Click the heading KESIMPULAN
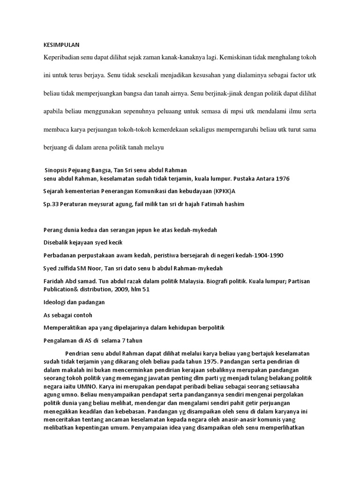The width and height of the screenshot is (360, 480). point(59,45)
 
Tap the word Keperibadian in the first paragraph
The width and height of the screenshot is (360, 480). point(61,57)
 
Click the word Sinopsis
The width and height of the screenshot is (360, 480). point(57,170)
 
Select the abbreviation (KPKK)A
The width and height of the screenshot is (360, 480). point(230,191)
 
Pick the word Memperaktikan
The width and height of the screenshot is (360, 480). point(66,327)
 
